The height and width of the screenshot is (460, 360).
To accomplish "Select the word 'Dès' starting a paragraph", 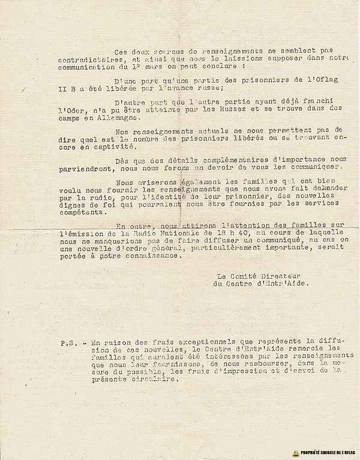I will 119,178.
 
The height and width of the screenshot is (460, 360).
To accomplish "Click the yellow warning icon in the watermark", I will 295,452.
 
